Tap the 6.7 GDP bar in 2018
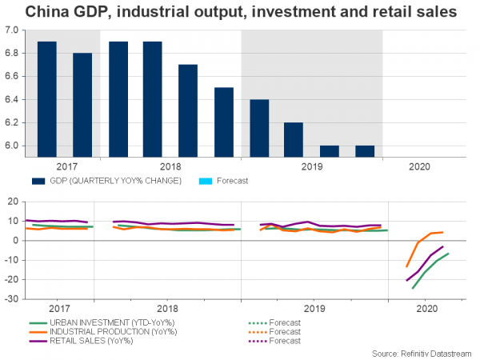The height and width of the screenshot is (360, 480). click(187, 110)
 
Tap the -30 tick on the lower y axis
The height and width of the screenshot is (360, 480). click(12, 298)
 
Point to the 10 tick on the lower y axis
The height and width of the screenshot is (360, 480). click(14, 221)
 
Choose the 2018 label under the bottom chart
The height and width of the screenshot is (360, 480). click(166, 308)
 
